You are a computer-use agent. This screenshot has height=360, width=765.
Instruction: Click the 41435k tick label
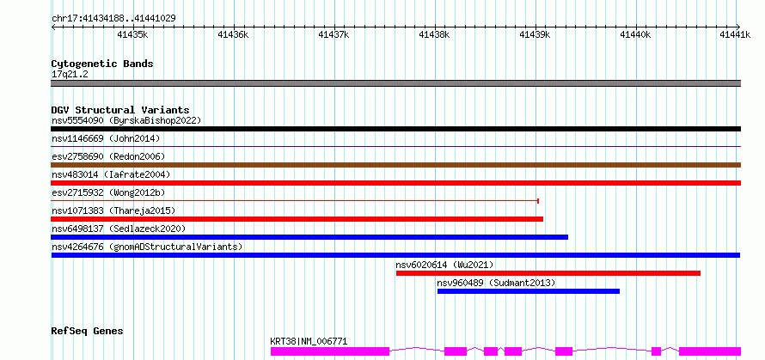[133, 34]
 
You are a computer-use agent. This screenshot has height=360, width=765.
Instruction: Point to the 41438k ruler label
[435, 34]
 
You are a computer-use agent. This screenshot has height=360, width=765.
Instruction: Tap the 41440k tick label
[636, 34]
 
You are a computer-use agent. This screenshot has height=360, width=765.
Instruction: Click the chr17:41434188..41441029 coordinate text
[113, 19]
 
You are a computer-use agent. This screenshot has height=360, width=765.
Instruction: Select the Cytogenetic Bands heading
[102, 64]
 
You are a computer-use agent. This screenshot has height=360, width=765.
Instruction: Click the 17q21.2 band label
[70, 75]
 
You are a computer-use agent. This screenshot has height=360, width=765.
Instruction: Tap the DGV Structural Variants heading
[120, 110]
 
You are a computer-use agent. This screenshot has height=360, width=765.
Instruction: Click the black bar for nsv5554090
[395, 129]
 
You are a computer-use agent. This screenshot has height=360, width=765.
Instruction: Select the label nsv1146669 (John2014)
[106, 138]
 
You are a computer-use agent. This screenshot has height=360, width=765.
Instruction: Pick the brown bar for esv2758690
[395, 165]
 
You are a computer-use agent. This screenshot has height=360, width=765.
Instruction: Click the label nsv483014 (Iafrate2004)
[111, 174]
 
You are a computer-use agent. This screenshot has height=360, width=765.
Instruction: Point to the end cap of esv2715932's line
[537, 200]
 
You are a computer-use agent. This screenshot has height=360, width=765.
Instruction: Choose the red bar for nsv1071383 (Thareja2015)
[297, 219]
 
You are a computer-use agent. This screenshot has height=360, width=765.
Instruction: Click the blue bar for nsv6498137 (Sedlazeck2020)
[309, 237]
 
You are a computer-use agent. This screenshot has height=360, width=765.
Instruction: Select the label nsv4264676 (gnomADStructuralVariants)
[147, 247]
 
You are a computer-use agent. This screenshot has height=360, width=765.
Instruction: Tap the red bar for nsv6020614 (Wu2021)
[548, 273]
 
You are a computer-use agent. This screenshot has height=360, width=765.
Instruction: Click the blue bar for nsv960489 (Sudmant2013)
[529, 291]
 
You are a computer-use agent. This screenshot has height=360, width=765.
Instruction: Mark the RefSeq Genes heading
[88, 332]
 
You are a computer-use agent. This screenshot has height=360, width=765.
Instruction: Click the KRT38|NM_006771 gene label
[309, 341]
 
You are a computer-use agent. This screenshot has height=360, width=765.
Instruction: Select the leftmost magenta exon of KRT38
[330, 351]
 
